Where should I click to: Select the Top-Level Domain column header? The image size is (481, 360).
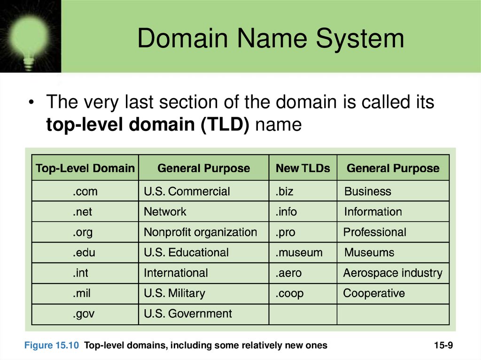pyautogui.click(x=85, y=169)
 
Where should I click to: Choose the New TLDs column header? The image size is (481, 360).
pyautogui.click(x=303, y=169)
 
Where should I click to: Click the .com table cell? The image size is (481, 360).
pyautogui.click(x=85, y=191)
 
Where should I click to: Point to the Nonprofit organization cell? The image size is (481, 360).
pyautogui.click(x=201, y=232)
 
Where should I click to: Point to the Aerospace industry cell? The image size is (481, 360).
pyautogui.click(x=393, y=273)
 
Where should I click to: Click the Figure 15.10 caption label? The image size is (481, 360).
pyautogui.click(x=52, y=345)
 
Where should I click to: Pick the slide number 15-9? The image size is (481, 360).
pyautogui.click(x=443, y=345)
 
